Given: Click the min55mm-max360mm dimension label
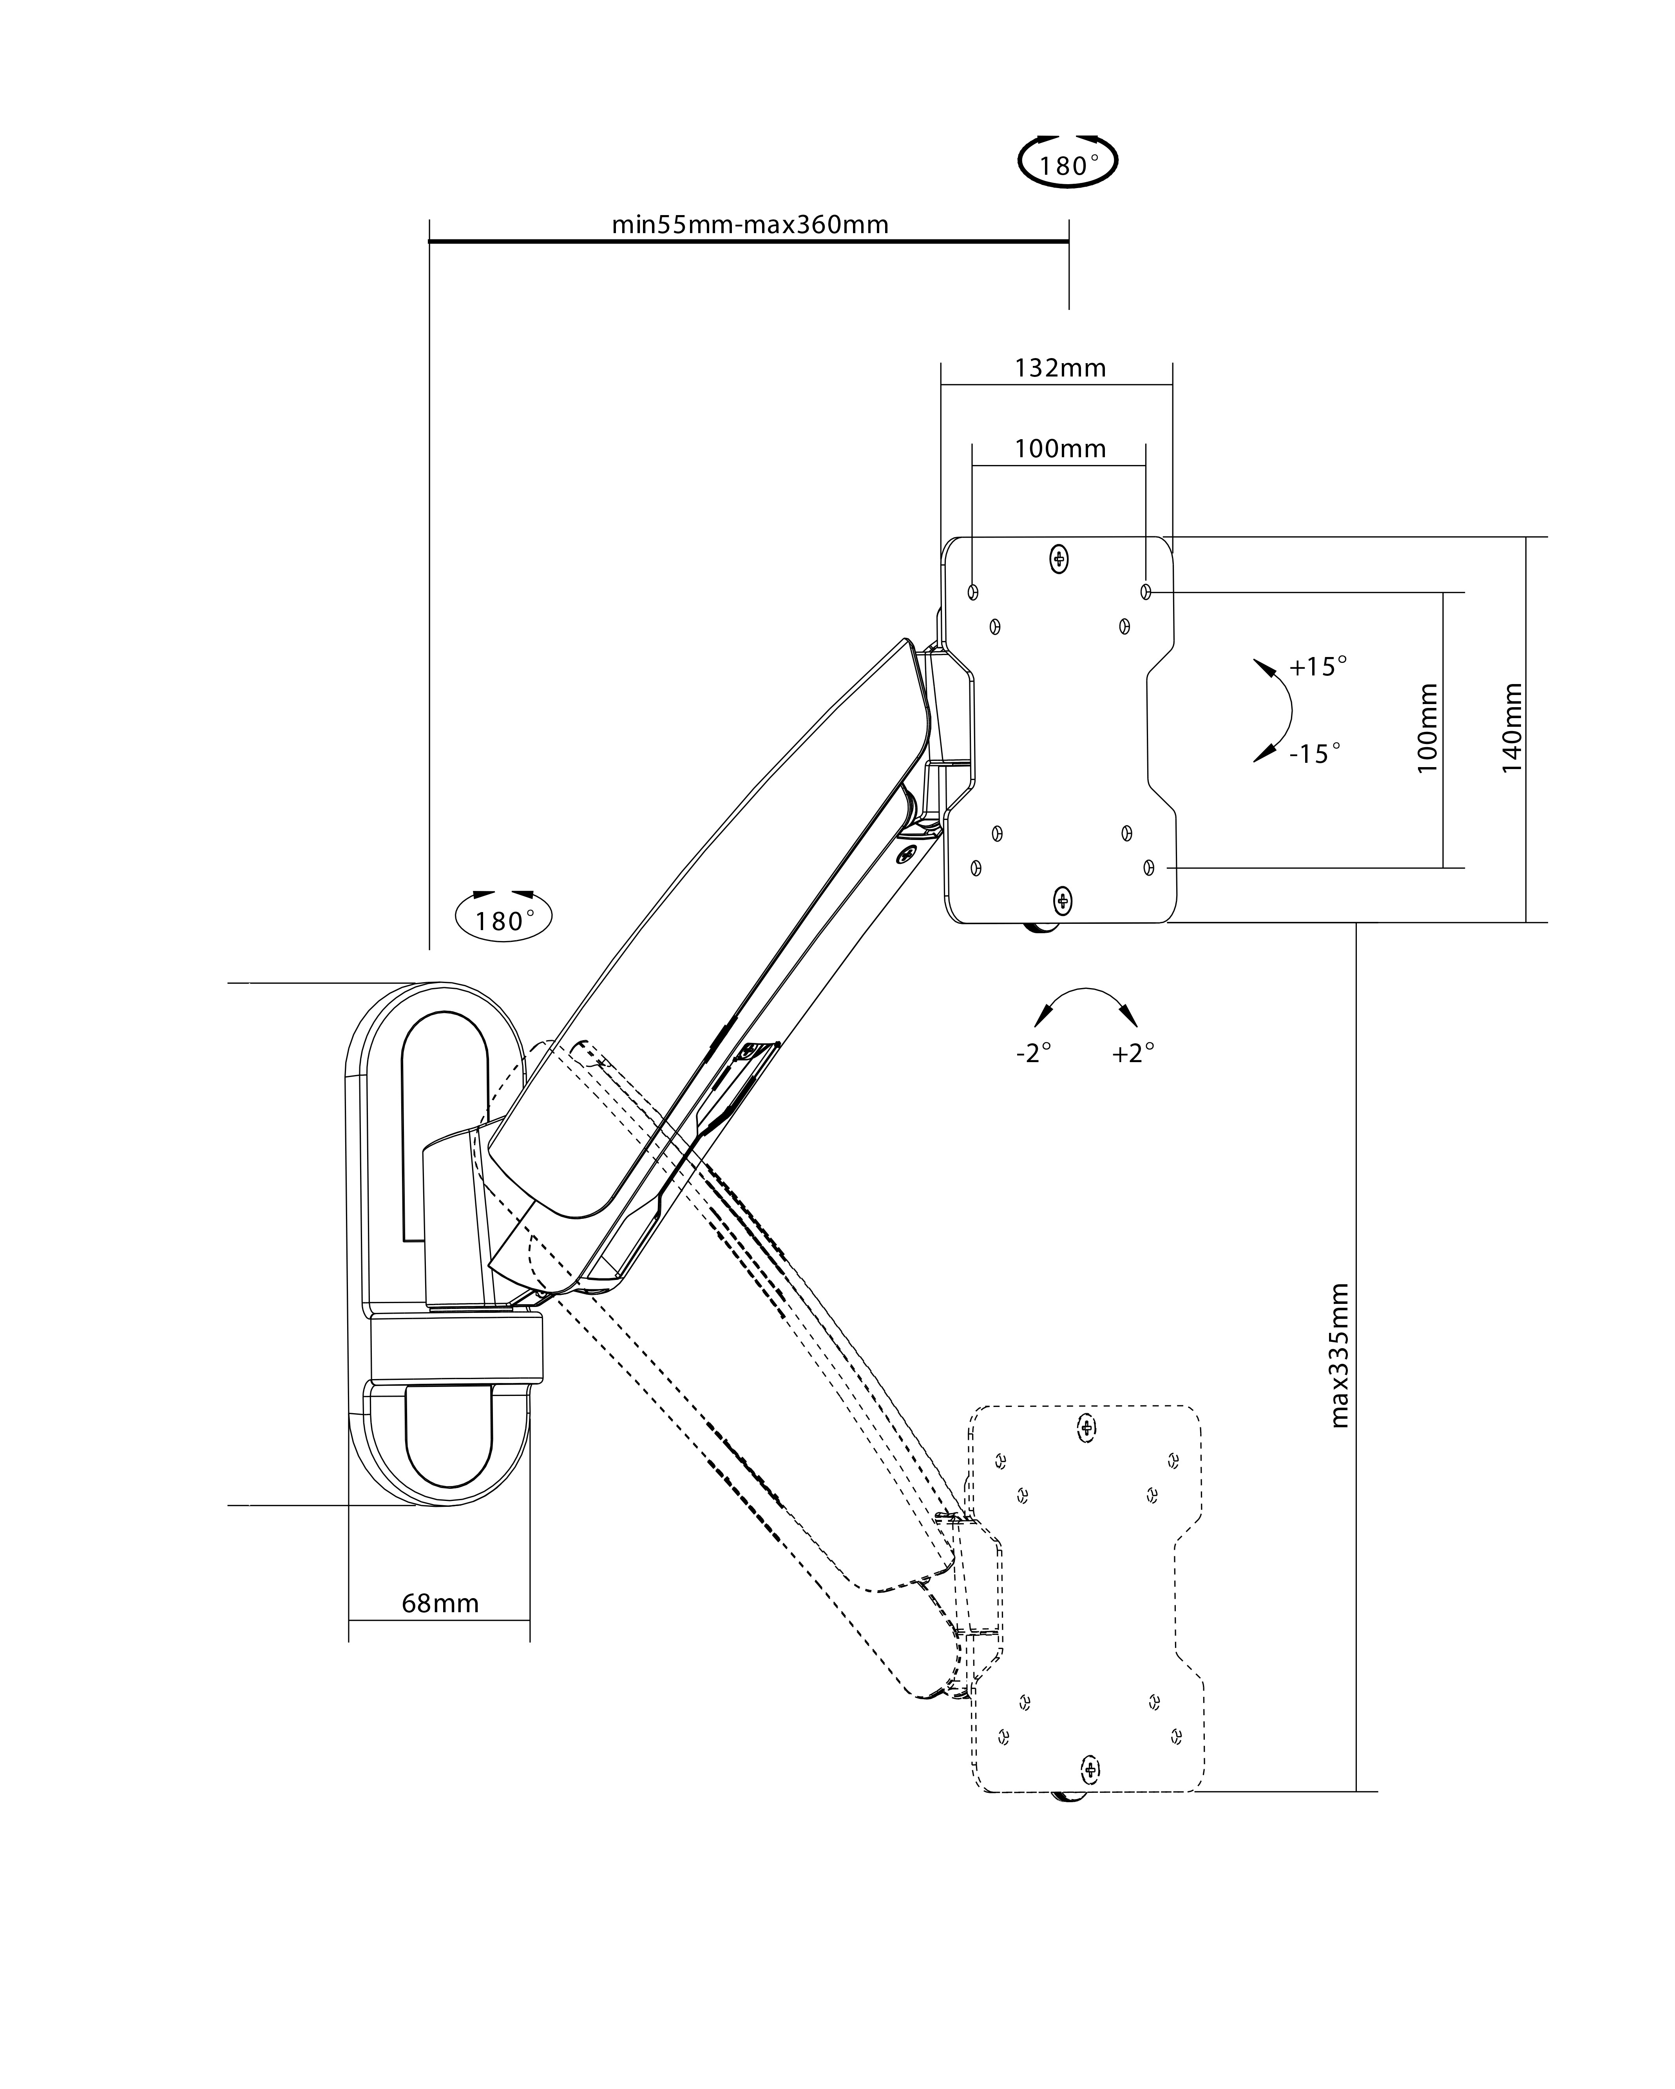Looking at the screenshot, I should click(x=750, y=225).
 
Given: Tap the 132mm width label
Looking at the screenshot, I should click(x=1060, y=368).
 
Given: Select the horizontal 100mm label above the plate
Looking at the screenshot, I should click(x=1060, y=449).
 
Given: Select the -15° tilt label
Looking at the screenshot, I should click(x=1315, y=754).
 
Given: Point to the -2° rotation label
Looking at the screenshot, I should click(x=1034, y=1053).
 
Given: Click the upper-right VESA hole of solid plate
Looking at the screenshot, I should click(x=1146, y=591).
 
